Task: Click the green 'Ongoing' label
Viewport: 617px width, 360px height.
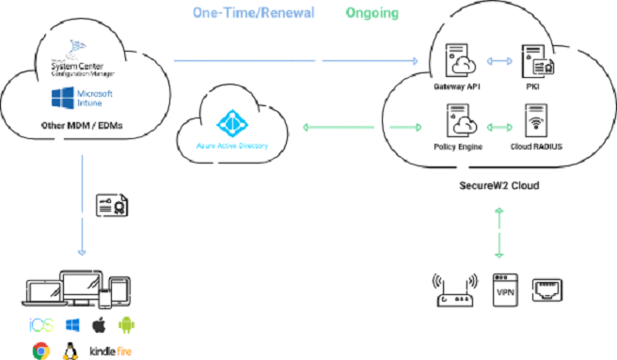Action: pyautogui.click(x=372, y=14)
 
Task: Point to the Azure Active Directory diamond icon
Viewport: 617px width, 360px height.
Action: pyautogui.click(x=229, y=125)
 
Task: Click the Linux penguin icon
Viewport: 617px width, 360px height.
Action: pyautogui.click(x=69, y=351)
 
